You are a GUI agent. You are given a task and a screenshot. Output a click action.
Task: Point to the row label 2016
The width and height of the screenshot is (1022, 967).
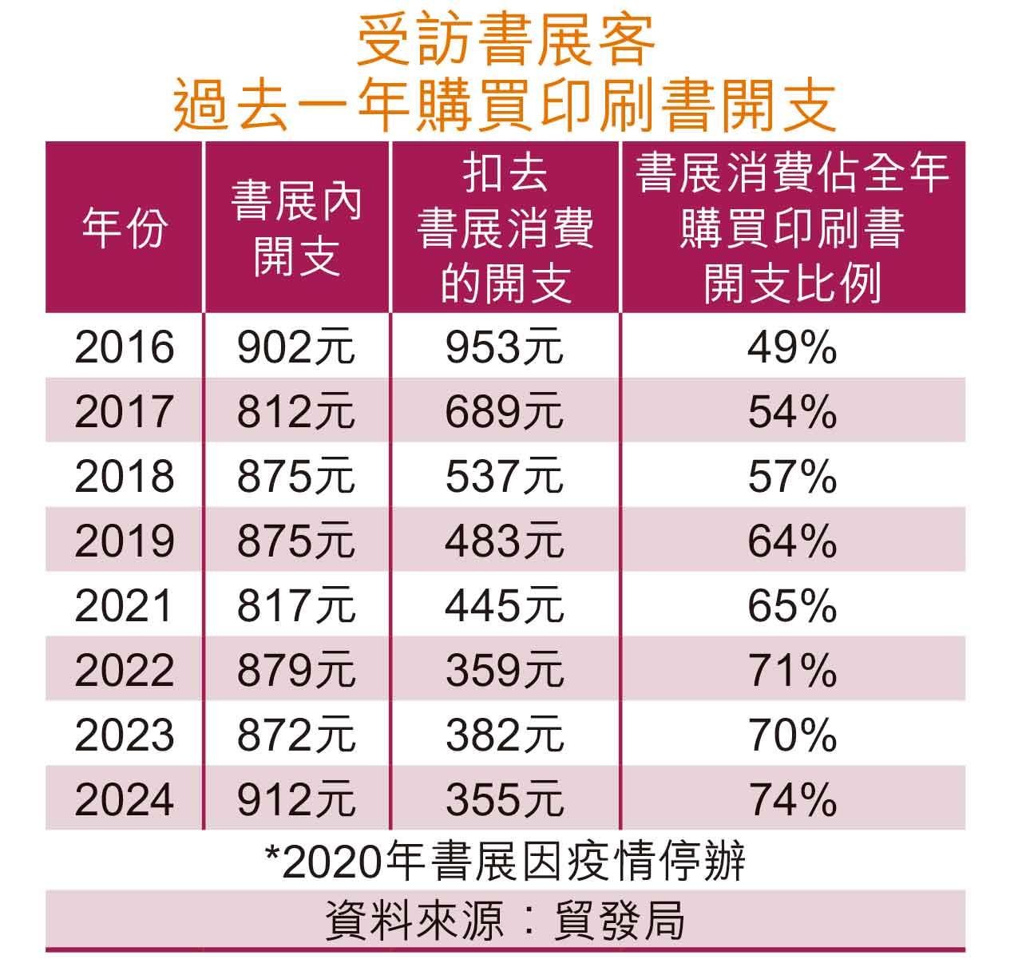[125, 347]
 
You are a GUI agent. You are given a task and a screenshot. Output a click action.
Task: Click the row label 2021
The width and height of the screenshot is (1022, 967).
[125, 606]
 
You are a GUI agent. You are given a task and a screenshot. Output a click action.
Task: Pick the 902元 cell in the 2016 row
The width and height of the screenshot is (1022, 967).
[296, 347]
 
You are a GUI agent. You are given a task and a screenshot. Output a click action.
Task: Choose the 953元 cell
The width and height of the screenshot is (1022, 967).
[505, 347]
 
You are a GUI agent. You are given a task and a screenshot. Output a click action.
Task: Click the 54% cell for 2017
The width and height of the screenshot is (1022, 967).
[792, 412]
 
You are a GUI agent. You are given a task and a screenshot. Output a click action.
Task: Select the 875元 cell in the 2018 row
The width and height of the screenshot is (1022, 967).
[296, 477]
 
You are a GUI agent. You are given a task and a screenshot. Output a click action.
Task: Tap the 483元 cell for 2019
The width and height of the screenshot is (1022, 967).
[505, 541]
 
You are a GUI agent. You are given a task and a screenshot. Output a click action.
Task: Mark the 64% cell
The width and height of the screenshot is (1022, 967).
[792, 541]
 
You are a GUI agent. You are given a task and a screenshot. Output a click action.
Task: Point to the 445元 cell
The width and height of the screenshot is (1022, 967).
[505, 606]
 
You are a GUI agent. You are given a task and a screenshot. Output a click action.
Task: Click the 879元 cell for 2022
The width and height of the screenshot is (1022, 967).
[296, 671]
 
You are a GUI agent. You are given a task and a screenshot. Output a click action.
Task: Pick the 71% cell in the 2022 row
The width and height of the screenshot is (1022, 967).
[792, 671]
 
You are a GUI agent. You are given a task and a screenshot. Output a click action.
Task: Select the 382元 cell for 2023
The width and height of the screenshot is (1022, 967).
[505, 735]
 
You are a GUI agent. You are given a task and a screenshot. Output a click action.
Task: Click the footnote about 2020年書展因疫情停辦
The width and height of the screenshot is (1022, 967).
[505, 862]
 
